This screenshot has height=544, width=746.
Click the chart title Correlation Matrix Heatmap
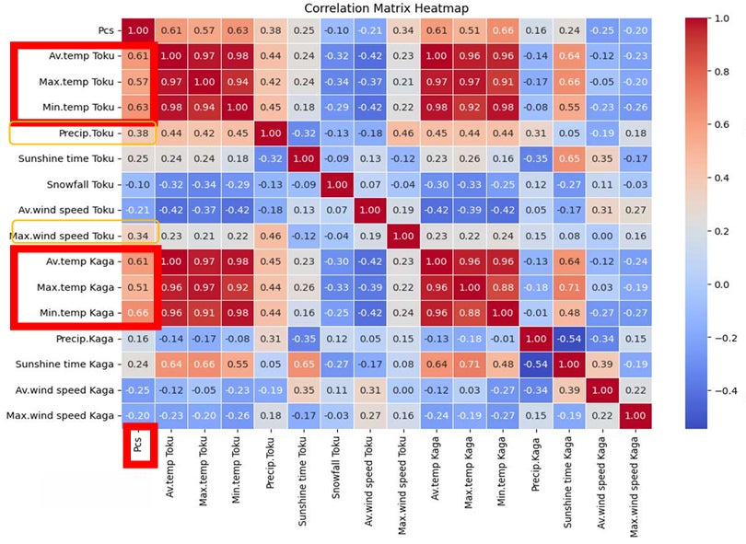click(x=386, y=8)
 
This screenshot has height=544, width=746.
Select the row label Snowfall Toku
click(x=80, y=184)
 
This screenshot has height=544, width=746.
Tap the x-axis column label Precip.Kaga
click(x=535, y=465)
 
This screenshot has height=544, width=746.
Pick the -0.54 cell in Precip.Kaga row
click(x=569, y=339)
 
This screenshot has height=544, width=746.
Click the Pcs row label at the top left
click(x=106, y=30)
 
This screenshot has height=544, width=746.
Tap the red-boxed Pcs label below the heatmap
click(x=137, y=445)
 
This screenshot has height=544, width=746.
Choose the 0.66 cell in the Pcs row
click(x=503, y=30)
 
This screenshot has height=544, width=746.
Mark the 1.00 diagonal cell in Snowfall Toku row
click(x=337, y=184)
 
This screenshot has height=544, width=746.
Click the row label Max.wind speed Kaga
click(x=60, y=416)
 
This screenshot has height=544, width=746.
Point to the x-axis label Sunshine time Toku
click(x=303, y=481)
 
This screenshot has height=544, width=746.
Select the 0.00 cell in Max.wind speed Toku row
click(x=602, y=236)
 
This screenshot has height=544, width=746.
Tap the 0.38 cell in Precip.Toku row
click(x=138, y=133)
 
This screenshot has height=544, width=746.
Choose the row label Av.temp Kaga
click(x=80, y=261)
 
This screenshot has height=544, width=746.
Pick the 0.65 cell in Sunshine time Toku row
click(x=569, y=159)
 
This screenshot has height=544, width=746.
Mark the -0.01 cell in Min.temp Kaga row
click(x=536, y=313)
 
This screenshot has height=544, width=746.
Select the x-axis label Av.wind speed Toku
click(x=369, y=481)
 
